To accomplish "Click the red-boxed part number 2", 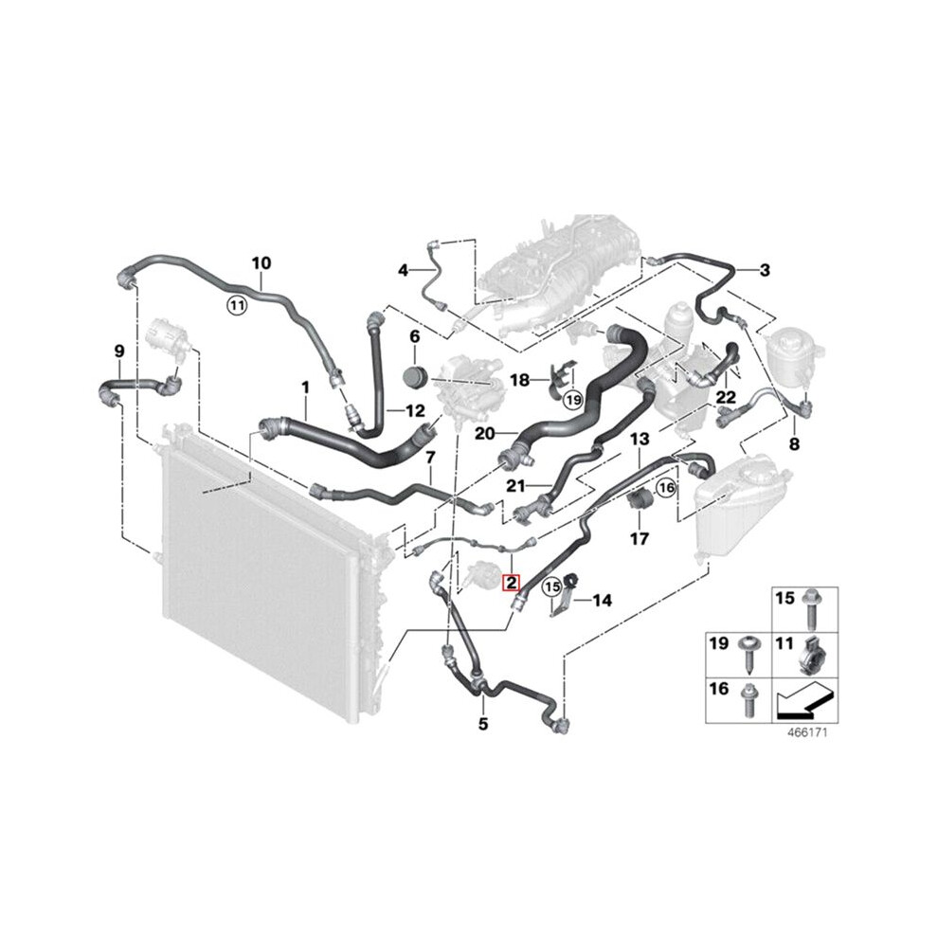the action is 512,582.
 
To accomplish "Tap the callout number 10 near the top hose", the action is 261,263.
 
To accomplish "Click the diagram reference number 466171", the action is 807,731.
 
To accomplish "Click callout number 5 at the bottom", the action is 483,724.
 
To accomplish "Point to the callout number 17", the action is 639,539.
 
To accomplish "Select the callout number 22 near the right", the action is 726,397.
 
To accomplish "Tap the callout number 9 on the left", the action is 119,352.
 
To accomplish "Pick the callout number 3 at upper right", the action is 765,270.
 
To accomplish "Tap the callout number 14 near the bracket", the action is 603,600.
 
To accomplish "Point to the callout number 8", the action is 794,443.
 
